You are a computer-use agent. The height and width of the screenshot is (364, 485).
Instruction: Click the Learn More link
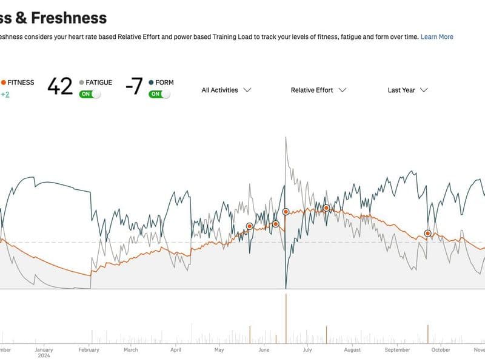pos(436,36)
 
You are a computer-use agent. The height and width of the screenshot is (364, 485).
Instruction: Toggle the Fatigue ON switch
pos(90,94)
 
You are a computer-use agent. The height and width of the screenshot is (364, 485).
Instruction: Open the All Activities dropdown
pos(226,90)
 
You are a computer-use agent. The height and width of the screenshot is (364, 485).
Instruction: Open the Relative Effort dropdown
pos(318,90)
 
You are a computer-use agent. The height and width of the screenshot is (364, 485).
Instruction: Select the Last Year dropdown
pos(407,90)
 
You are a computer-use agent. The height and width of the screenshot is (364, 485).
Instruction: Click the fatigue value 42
pos(59,87)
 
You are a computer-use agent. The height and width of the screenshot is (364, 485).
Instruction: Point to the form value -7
pos(133,87)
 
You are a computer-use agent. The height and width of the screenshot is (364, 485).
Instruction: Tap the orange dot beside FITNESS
pos(4,83)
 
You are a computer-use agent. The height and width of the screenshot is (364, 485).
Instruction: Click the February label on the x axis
pos(89,349)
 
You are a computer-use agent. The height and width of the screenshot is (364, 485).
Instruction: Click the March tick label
pos(130,349)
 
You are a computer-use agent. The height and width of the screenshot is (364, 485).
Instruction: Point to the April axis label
pos(176,349)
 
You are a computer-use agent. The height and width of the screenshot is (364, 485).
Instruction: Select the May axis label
pos(219,349)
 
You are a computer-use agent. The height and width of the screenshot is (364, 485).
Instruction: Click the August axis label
pos(352,349)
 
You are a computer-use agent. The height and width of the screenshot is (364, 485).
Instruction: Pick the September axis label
pos(397,349)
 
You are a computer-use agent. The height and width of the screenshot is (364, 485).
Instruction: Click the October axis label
pos(441,349)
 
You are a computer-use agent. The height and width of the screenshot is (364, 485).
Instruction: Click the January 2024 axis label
pos(44,352)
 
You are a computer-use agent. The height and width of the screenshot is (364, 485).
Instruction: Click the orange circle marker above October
pos(427,233)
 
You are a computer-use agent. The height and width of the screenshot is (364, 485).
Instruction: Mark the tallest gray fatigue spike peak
pos(286,137)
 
